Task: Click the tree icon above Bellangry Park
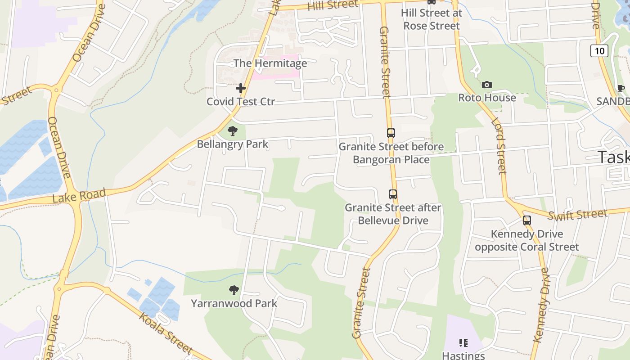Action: click(x=233, y=131)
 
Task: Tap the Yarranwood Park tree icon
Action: click(x=234, y=290)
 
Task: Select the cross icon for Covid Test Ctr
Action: click(x=241, y=88)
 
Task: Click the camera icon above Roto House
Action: click(x=486, y=85)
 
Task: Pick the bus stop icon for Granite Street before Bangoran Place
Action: click(x=391, y=133)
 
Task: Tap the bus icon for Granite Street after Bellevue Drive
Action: click(x=393, y=194)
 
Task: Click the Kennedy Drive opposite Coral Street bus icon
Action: click(x=526, y=220)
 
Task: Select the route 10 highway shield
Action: click(x=599, y=50)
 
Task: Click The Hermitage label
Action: click(x=270, y=63)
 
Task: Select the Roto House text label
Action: click(x=487, y=98)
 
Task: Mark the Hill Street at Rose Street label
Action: click(x=432, y=19)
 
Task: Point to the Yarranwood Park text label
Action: click(x=234, y=303)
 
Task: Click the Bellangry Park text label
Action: click(x=233, y=144)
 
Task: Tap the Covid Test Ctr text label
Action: click(x=241, y=102)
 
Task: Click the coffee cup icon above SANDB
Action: click(x=621, y=88)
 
